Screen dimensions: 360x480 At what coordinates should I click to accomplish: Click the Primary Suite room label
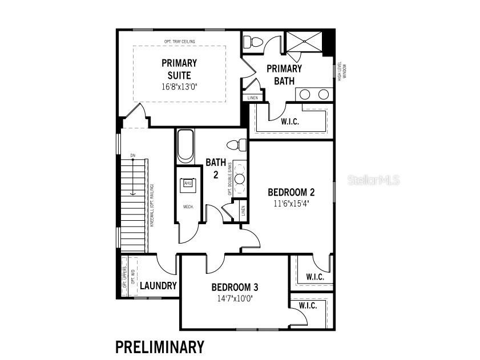coord(179,69)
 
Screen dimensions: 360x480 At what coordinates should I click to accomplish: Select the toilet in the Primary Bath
coord(251,41)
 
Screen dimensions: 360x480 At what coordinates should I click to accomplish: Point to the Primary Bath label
coord(284,75)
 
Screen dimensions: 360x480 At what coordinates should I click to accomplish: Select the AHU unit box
coord(188,183)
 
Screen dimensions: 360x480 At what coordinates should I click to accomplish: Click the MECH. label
coord(188,207)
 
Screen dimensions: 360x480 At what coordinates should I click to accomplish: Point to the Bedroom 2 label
coord(291,192)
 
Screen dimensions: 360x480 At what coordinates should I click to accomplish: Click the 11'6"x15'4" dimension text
coord(291,203)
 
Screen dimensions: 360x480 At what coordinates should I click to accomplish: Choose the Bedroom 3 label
coord(235,287)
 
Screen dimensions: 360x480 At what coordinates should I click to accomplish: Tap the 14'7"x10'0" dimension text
coord(235,298)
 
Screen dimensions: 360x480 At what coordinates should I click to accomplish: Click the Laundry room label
coord(158,286)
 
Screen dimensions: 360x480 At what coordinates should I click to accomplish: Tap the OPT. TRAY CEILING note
coord(179,42)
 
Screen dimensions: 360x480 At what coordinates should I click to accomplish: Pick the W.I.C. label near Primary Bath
coord(291,122)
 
